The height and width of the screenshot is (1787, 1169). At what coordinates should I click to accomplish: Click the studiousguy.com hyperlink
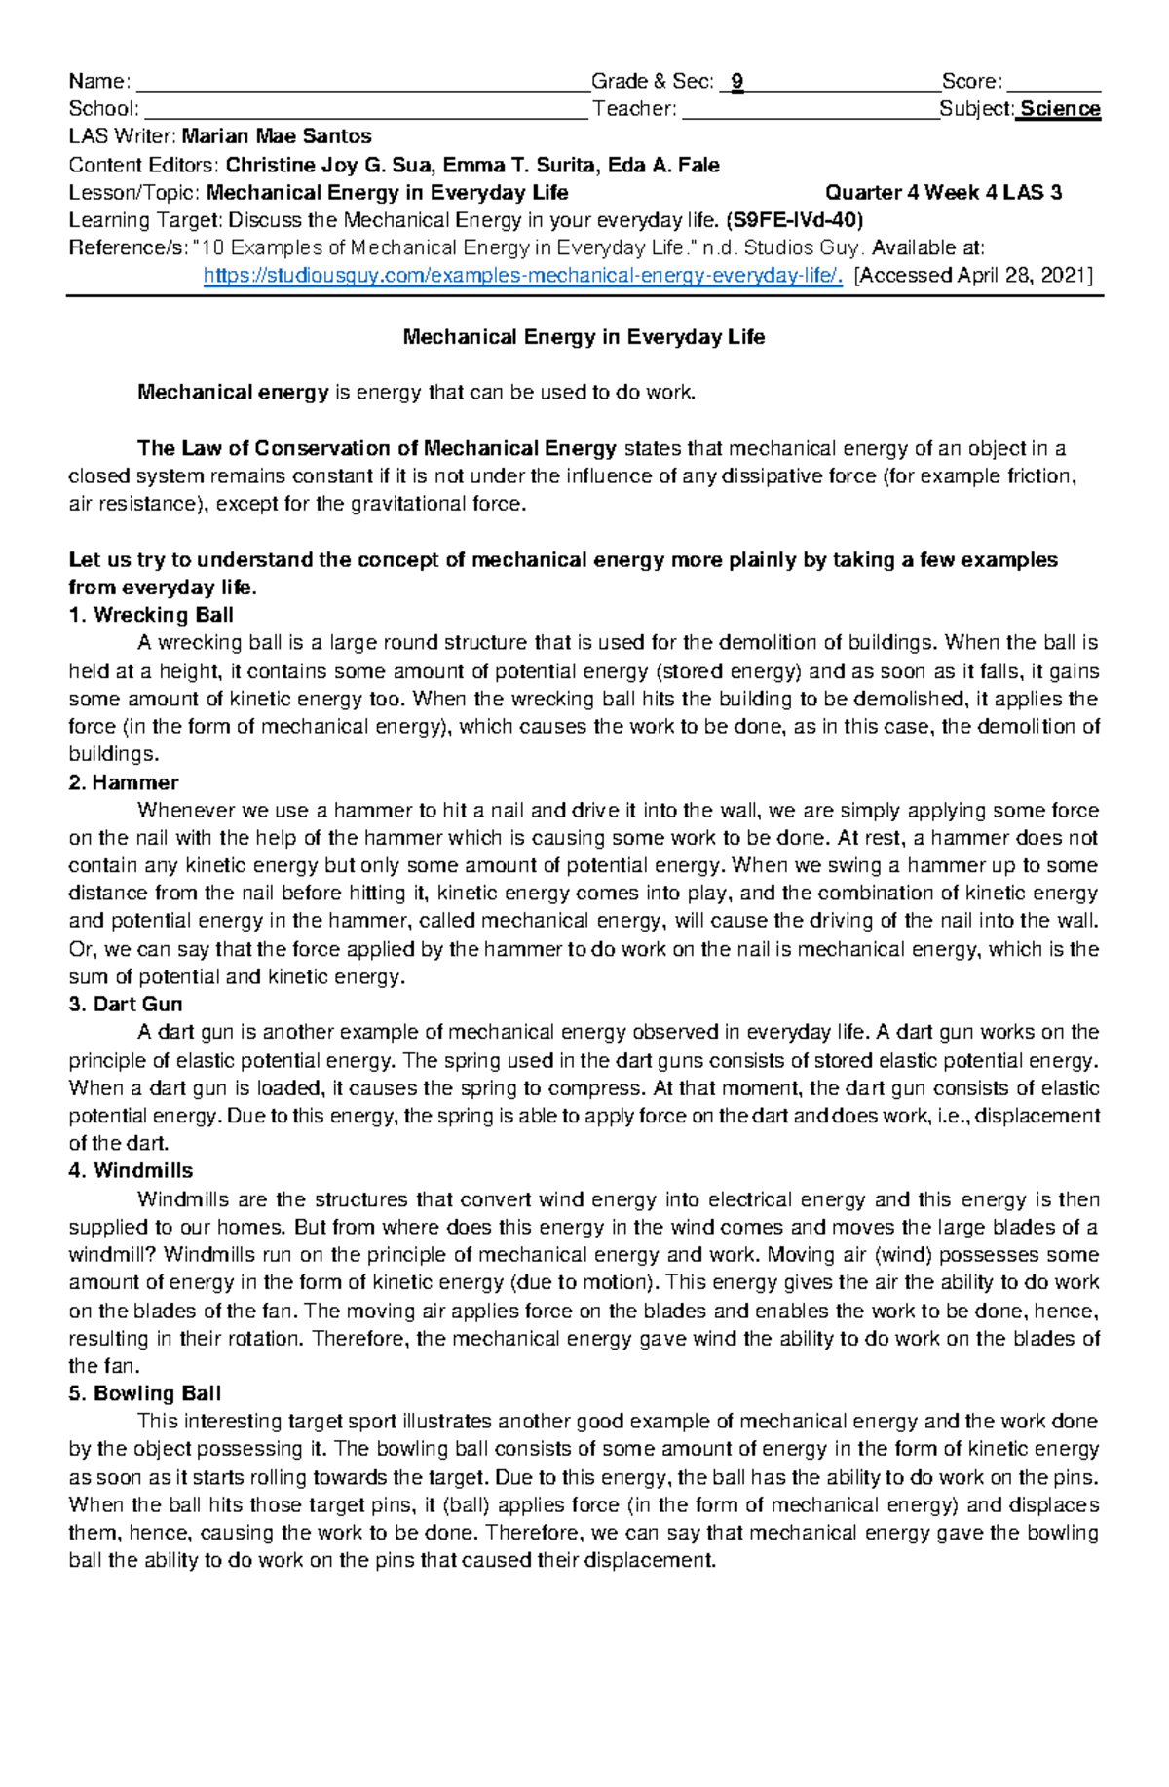[x=522, y=276]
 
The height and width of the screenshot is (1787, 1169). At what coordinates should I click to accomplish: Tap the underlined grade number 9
[x=737, y=82]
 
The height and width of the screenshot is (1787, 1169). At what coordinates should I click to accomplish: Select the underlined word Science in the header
[x=1060, y=109]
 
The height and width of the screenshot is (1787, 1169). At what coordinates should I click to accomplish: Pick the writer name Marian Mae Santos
[x=277, y=136]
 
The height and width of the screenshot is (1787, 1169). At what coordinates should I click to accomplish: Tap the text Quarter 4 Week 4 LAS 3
[x=943, y=193]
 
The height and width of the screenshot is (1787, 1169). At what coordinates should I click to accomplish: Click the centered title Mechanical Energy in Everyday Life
[x=584, y=337]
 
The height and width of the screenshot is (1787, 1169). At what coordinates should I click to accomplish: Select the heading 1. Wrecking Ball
[x=151, y=615]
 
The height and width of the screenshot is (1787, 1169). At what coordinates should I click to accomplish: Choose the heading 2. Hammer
[x=124, y=782]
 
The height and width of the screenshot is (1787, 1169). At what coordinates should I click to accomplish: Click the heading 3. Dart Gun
[x=126, y=1005]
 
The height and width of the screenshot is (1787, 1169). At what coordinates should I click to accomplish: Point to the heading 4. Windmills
[x=131, y=1171]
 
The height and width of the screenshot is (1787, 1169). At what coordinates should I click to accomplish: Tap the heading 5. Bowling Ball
[x=145, y=1393]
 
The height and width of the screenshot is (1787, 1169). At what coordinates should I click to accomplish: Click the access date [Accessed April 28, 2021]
[x=972, y=276]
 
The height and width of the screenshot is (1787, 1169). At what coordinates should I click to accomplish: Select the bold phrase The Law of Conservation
[x=263, y=449]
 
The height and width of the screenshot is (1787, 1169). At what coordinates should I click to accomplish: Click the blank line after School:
[x=365, y=110]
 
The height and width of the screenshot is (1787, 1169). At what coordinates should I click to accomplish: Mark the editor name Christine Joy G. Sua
[x=329, y=165]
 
